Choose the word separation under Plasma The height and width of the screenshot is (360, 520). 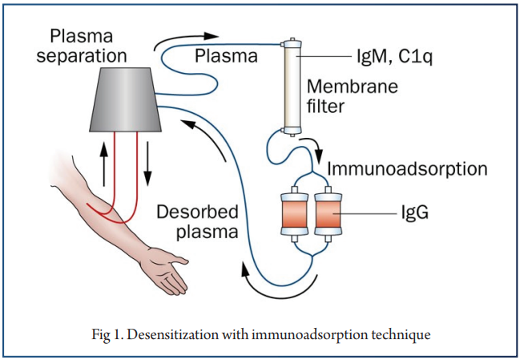82,57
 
